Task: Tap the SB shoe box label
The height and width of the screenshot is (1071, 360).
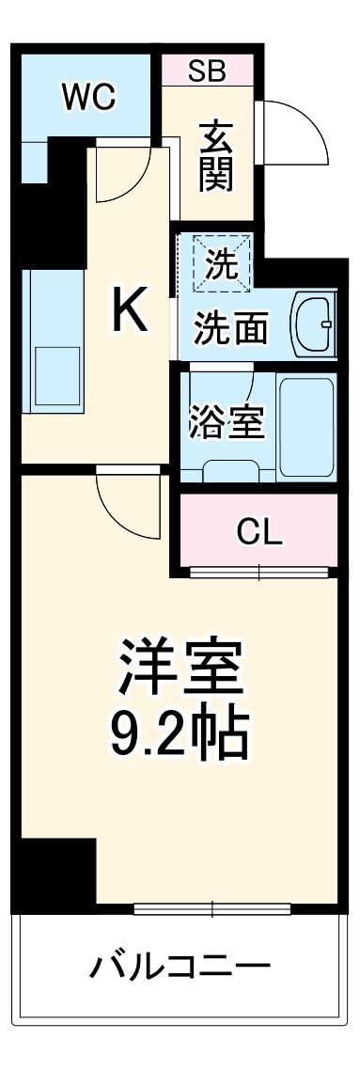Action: click(x=206, y=71)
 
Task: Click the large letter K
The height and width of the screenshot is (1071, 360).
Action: click(x=130, y=311)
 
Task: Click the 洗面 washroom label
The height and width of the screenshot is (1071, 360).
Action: click(x=231, y=328)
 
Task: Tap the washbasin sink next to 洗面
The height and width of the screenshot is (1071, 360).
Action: click(x=313, y=323)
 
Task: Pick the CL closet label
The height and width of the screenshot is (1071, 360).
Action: click(x=258, y=532)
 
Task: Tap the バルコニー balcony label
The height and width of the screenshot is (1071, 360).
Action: click(x=180, y=966)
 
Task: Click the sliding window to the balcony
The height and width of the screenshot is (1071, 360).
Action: click(x=212, y=908)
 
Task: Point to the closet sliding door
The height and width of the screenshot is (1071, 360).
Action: click(x=258, y=571)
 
